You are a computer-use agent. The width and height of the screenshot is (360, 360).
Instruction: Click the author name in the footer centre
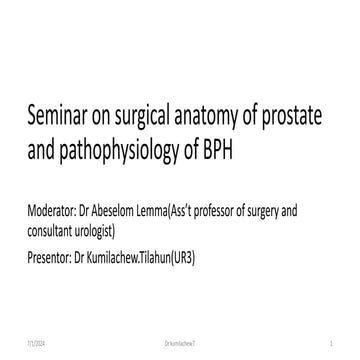(181, 341)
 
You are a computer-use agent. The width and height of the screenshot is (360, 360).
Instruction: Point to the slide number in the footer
(343, 341)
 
